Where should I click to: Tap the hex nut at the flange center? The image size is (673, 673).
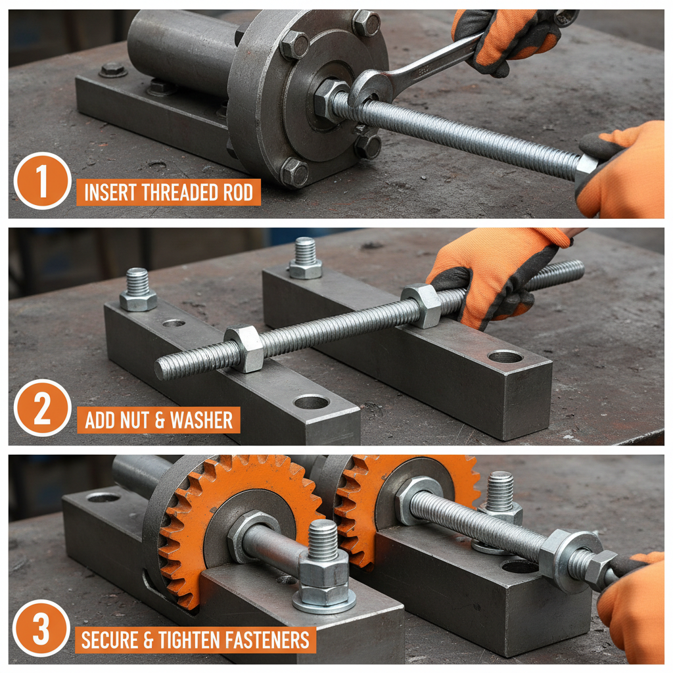click(x=328, y=99)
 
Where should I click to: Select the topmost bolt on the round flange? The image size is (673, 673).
click(x=365, y=22)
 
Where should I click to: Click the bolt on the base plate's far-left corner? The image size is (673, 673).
click(x=113, y=69)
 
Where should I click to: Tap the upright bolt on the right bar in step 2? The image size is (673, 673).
click(x=305, y=259)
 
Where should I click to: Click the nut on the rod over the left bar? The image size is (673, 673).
click(x=244, y=348)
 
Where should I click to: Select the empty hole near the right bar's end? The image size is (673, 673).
click(x=505, y=357)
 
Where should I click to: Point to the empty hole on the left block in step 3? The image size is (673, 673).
click(x=103, y=498)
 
